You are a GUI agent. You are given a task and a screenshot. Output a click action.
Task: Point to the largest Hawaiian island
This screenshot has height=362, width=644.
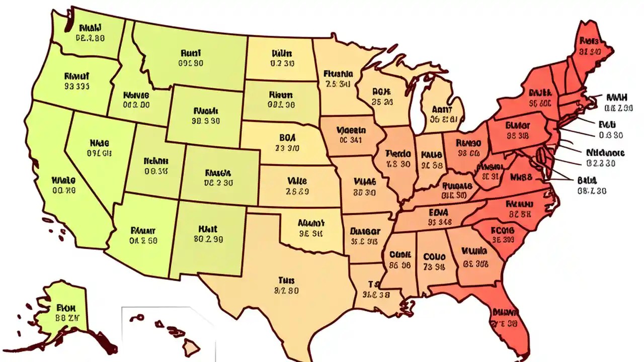(191, 346)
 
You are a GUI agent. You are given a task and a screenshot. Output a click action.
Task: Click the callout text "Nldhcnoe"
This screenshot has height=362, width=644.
(606, 153)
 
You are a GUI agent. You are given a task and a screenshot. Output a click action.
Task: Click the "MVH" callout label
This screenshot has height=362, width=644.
(616, 97)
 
